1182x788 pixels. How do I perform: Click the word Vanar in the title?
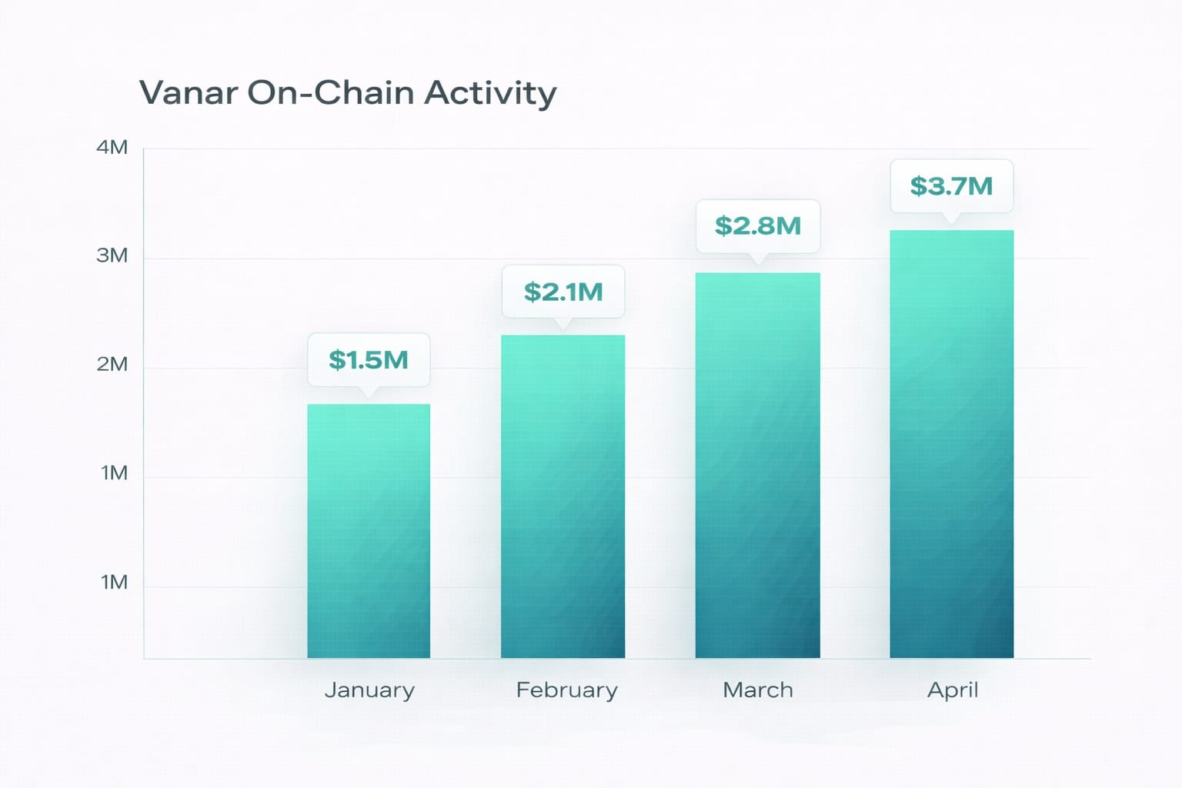[188, 93]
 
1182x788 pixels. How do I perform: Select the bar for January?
[369, 531]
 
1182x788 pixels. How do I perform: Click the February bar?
[563, 496]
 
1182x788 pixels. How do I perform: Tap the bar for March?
[757, 466]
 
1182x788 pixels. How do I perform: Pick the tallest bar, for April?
[951, 444]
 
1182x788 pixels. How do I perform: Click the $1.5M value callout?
[369, 360]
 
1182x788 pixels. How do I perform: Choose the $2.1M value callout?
[563, 292]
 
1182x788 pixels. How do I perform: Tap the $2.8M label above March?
[758, 226]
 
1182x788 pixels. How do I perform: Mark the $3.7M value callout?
[952, 186]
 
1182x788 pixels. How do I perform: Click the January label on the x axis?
[369, 690]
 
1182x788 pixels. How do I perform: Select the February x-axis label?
[566, 690]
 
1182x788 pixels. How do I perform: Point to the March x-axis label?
[758, 690]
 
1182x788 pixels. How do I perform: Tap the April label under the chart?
[953, 690]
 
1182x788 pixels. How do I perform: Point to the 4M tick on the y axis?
[112, 148]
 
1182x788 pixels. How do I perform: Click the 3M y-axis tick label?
[112, 256]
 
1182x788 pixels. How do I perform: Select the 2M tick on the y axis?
[112, 365]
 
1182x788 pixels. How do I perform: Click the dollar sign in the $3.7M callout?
[919, 186]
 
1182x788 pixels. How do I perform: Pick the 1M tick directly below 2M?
[114, 473]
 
